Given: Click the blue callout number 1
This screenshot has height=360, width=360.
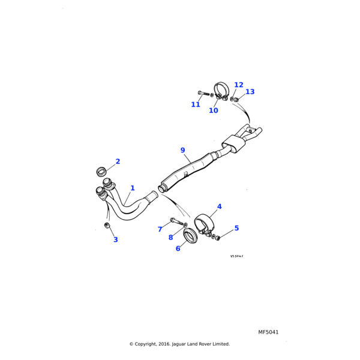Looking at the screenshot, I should point(133,188).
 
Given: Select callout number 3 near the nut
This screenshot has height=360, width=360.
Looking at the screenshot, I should point(116,239).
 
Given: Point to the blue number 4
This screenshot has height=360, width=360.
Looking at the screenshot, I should point(219,206).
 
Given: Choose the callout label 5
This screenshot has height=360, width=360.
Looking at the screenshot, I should point(236,228).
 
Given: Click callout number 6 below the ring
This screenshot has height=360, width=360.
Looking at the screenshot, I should point(178,248).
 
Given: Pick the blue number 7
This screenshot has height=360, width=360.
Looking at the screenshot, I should point(160,229).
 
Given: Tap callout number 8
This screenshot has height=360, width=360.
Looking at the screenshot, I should point(170,238).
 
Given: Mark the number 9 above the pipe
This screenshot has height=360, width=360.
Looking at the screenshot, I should point(182,150).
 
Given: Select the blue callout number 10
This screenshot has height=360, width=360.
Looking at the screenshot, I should point(214,110).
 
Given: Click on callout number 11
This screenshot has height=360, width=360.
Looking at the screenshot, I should point(196,104).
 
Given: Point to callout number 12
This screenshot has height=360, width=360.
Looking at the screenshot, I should point(239,85).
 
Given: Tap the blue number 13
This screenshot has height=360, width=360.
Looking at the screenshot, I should point(250,92).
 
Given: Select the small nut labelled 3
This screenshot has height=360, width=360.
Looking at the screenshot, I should point(107,226).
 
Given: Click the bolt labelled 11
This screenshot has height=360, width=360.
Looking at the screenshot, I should point(203,93).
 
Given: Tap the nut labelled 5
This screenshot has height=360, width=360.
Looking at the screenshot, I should point(218,238).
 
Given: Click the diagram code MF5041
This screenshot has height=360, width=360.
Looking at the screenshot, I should point(268,332).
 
